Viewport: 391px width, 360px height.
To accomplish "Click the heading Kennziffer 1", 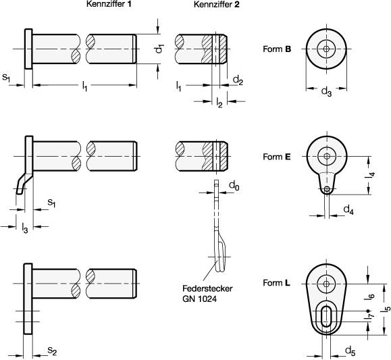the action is point(109,4).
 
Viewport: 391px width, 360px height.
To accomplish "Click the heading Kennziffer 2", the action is point(216,4).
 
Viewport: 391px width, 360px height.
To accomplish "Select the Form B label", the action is point(277,49).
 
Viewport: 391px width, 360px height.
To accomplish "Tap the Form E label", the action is point(277,157).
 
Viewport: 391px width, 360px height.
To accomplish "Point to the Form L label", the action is point(277,283).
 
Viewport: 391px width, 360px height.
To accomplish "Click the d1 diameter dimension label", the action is point(160,49).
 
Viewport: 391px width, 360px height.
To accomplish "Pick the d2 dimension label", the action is point(238,80).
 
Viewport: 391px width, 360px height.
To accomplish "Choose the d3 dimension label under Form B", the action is point(326,92).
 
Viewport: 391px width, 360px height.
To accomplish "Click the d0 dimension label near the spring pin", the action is point(234,186).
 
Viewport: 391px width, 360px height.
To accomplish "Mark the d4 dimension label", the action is point(348,209).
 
